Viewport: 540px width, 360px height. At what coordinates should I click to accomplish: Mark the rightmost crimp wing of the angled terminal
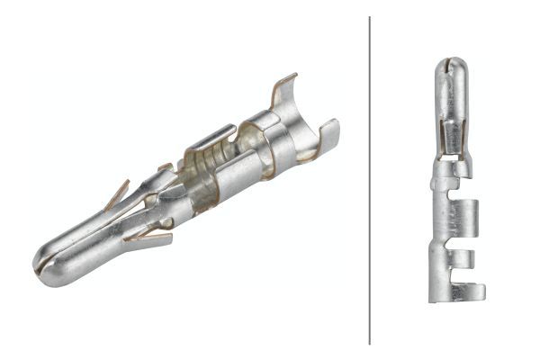[x=328, y=135]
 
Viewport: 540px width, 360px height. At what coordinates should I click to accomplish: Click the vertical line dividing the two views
[x=370, y=180]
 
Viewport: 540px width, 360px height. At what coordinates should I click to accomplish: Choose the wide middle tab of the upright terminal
[x=467, y=217]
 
